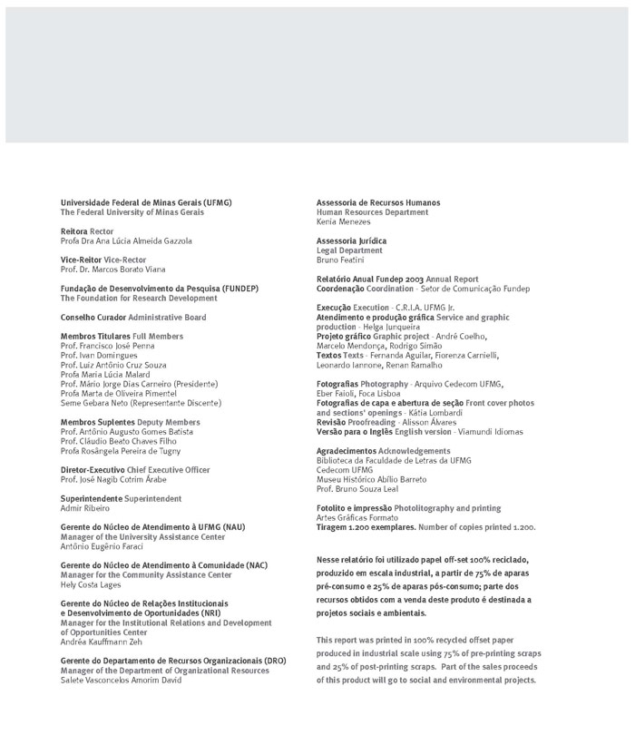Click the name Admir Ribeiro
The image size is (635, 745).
click(84, 508)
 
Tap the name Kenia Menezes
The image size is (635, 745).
click(344, 221)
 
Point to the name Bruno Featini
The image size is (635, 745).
click(341, 260)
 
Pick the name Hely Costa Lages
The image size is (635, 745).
click(91, 584)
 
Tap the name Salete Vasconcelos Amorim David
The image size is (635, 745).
click(121, 680)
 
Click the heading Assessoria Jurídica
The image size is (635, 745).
click(351, 240)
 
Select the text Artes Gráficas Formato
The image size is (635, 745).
click(357, 517)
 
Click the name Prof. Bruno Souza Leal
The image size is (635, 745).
click(357, 489)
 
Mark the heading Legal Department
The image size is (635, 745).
click(349, 250)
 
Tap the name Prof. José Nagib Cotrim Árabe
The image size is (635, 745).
click(113, 479)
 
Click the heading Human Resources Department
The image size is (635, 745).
click(372, 212)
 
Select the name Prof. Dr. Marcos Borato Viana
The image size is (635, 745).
click(113, 270)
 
